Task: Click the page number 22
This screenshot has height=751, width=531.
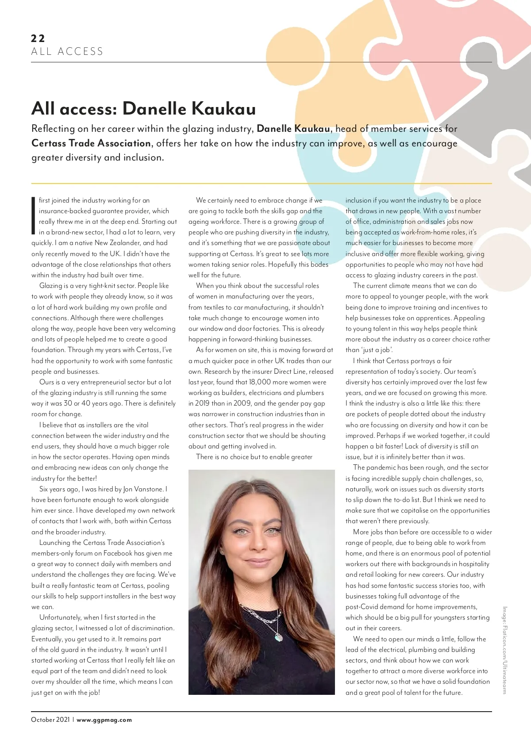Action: [38, 38]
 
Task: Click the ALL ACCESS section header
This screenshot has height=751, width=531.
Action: [67, 52]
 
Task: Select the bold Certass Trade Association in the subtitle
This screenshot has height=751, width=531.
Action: [91, 143]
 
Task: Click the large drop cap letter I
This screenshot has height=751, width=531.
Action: [34, 216]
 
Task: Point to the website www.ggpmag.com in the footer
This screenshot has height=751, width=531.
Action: [104, 720]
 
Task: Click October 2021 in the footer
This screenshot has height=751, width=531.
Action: [50, 720]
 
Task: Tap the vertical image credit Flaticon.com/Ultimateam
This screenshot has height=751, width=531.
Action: [504, 650]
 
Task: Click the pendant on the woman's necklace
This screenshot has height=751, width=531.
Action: [279, 637]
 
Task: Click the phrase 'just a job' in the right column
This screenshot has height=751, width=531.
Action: [377, 350]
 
